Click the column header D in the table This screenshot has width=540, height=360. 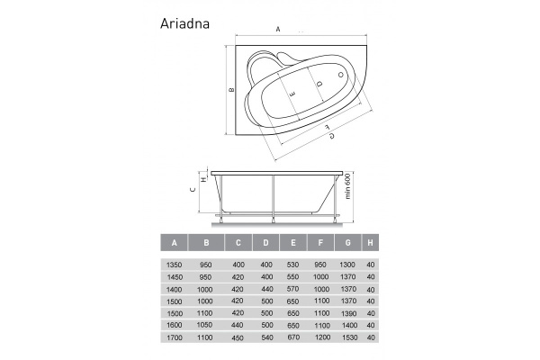point(265,242)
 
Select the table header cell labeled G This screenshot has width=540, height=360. point(346,242)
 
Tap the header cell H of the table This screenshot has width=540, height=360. point(371,242)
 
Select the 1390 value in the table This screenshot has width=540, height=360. point(346,310)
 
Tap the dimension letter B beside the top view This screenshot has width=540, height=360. point(231,89)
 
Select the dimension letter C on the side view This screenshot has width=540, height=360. point(193,190)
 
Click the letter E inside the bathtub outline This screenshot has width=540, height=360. point(293,90)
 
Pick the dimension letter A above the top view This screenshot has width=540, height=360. point(278,29)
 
